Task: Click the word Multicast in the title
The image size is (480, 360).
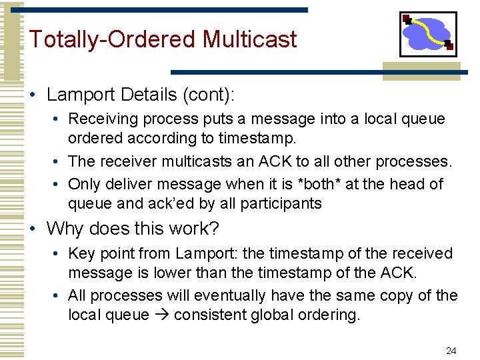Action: coord(249,39)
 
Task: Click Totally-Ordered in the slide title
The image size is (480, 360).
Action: coord(113,39)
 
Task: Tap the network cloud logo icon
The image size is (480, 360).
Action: coord(428,34)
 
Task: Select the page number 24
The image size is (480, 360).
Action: coord(451,351)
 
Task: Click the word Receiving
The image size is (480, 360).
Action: coord(100,119)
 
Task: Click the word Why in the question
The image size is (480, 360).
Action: coord(65,229)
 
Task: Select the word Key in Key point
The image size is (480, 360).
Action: coord(82,253)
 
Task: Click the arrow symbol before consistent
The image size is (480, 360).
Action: coord(161,315)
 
